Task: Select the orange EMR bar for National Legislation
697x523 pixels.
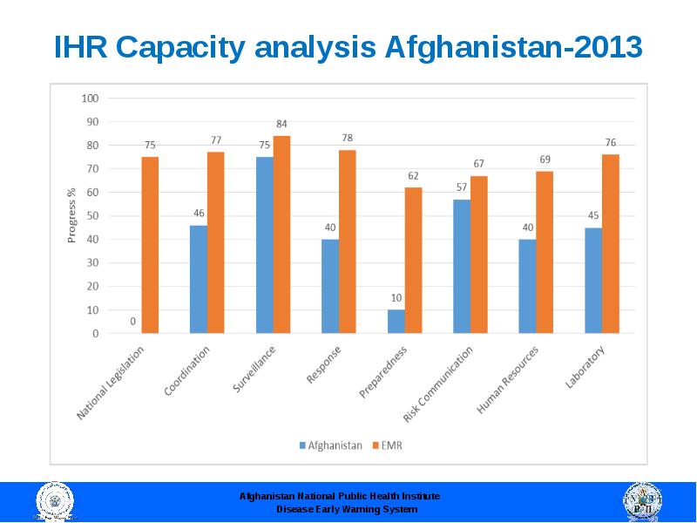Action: (150, 245)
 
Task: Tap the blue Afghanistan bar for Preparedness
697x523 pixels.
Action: (396, 321)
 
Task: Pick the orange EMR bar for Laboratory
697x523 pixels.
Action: (610, 243)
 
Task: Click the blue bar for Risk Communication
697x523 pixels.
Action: (462, 266)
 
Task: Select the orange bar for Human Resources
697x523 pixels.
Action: (545, 252)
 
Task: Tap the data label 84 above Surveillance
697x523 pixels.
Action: (281, 124)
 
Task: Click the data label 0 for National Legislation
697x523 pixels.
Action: (132, 321)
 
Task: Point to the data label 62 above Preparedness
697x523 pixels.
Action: (413, 176)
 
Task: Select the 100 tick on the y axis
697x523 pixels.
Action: (90, 98)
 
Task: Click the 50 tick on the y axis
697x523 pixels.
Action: (92, 215)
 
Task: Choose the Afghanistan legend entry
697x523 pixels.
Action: (331, 445)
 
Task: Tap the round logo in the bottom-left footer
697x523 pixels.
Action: (54, 503)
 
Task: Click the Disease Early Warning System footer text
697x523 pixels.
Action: (347, 509)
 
